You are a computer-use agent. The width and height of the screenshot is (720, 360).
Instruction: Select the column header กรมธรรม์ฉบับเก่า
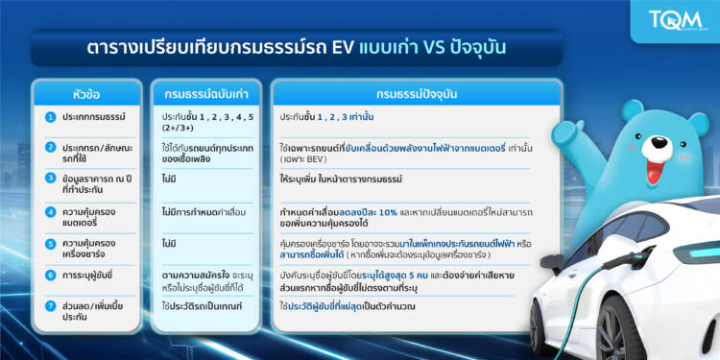tap(207, 94)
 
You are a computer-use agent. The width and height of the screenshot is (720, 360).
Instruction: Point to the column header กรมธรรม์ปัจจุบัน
tap(416, 94)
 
